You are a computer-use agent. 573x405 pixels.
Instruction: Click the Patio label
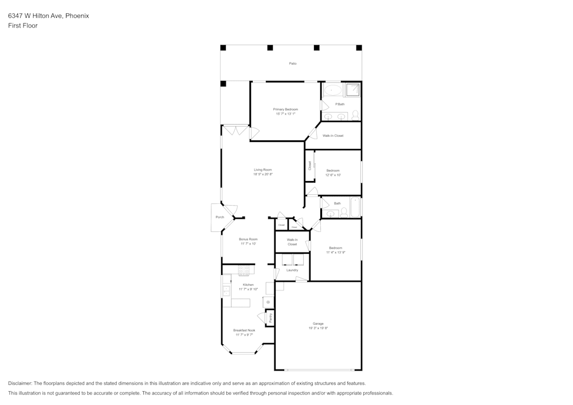(292, 64)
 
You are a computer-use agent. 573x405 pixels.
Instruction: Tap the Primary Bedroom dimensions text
(285, 114)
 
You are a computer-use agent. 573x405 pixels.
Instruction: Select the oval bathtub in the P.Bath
(332, 90)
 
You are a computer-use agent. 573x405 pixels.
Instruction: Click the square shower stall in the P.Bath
(352, 89)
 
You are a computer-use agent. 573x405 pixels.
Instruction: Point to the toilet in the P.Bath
(355, 115)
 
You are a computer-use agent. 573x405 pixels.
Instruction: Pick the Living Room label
(262, 170)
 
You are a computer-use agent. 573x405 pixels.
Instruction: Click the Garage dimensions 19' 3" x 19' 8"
(318, 328)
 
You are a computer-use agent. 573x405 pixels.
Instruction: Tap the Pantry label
(270, 317)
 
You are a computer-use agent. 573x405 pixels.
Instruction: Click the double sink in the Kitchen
(226, 291)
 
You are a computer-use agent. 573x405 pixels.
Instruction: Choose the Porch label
(219, 218)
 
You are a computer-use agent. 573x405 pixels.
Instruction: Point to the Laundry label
(292, 270)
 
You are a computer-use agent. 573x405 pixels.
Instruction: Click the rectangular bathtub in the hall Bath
(355, 207)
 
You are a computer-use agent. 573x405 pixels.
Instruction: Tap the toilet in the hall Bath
(343, 213)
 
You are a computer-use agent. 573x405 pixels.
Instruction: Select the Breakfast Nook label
(244, 330)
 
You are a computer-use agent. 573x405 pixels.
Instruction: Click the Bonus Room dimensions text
(248, 243)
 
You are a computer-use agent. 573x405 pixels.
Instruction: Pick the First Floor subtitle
(23, 26)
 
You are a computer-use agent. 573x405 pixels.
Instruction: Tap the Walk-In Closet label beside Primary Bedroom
(333, 136)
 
